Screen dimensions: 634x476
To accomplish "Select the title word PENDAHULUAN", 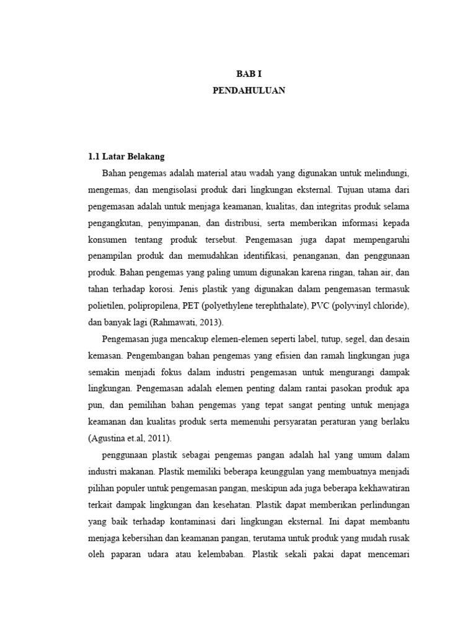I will click(x=249, y=90).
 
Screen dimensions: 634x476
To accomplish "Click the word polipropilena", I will click(x=152, y=306).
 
